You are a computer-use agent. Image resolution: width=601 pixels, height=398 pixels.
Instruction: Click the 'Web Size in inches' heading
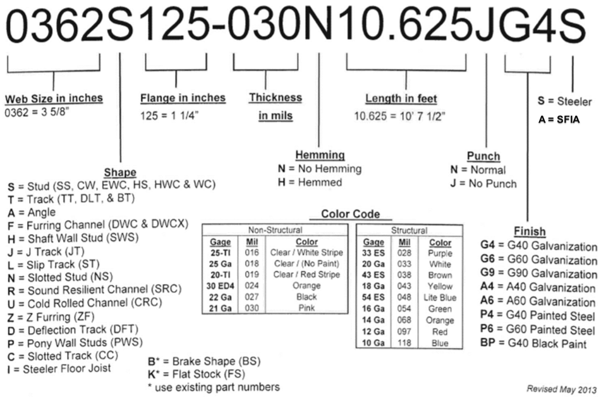tap(54, 99)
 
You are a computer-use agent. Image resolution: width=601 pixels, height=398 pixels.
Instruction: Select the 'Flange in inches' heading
tap(183, 98)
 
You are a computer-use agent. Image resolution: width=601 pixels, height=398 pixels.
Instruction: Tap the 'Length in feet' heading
tap(401, 99)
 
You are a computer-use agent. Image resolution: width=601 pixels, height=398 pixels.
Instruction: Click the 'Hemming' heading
tap(320, 155)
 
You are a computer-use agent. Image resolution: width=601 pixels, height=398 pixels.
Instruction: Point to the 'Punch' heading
tap(483, 156)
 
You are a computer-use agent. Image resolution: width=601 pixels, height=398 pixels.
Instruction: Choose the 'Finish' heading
tap(530, 232)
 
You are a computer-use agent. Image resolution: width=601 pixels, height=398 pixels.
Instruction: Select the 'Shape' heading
tap(120, 172)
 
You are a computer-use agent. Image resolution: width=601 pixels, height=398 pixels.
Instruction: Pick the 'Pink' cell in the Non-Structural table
tap(307, 308)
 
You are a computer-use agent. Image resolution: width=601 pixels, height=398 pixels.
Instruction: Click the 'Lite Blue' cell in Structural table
tap(440, 297)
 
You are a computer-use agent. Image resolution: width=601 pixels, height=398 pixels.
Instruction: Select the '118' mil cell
tap(404, 343)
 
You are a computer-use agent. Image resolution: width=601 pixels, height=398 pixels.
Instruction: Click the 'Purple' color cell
tap(440, 252)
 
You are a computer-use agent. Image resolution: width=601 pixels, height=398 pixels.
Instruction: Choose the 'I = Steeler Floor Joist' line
tap(59, 368)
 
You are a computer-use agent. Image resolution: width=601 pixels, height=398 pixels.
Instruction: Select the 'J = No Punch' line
tap(483, 183)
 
